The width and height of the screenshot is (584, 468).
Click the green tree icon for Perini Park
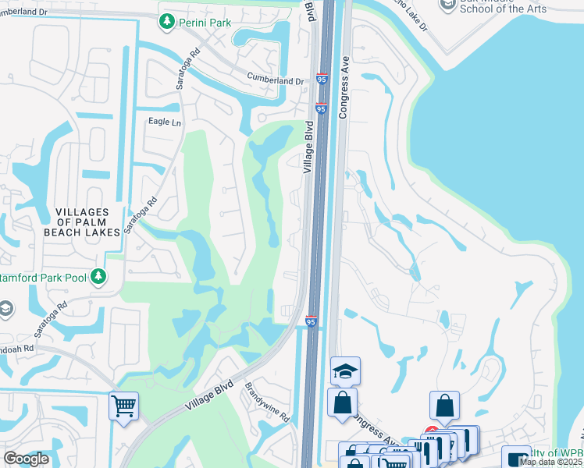166,23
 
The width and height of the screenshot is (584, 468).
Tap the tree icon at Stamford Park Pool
98,275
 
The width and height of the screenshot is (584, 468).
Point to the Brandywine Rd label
267,402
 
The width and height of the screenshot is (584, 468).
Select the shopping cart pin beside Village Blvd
123,406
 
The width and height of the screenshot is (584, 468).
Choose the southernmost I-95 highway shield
311,321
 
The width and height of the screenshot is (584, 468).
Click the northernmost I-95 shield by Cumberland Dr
322,80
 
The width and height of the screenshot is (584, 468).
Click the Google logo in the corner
26,459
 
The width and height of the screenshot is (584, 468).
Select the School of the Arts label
504,9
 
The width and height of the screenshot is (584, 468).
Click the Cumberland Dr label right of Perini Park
275,80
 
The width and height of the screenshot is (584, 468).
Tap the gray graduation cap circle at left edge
4,309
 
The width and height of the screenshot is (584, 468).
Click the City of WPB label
556,454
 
